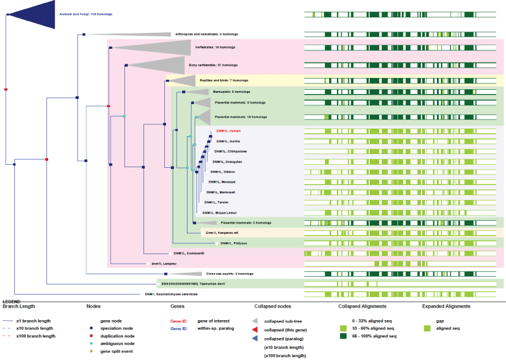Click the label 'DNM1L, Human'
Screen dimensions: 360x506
pos(229,130)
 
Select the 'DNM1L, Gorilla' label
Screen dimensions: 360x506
pos(228,141)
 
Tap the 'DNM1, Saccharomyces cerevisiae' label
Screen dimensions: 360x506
pos(172,294)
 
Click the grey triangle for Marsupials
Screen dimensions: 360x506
pos(198,92)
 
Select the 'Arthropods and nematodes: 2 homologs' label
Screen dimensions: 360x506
pos(196,35)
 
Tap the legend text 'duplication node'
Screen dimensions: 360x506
pos(117,336)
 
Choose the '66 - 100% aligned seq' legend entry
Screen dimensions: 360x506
pos(372,336)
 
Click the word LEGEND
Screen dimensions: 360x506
pos(12,302)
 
